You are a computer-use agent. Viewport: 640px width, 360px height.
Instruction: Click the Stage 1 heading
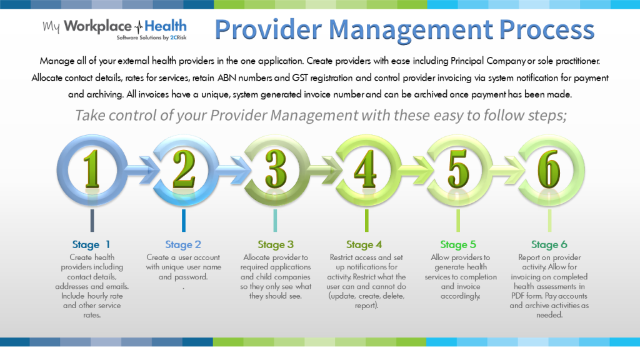(x=92, y=244)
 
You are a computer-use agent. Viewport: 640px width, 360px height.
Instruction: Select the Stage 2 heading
(x=183, y=244)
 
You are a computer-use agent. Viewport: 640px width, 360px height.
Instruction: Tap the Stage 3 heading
(x=276, y=244)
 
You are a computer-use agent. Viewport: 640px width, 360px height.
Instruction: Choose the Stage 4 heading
(x=364, y=244)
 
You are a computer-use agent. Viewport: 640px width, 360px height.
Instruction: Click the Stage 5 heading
(x=458, y=244)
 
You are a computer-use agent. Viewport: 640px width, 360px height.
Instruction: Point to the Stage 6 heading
(x=549, y=244)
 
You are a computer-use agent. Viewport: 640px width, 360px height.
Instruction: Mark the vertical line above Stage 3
(x=276, y=220)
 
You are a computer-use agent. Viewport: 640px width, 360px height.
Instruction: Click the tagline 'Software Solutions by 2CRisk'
(x=151, y=38)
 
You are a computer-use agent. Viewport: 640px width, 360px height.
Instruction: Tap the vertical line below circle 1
(x=92, y=220)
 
